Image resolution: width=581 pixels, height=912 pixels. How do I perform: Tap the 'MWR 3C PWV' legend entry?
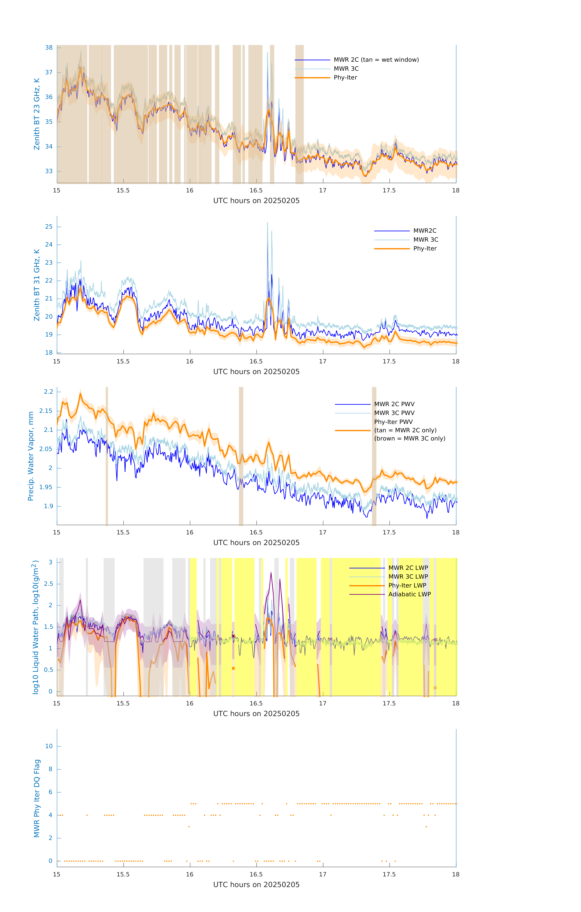[394, 413]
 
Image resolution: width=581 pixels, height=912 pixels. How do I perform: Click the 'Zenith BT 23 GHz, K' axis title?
[37, 114]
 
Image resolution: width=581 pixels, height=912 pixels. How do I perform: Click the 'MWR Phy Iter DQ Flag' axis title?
[37, 798]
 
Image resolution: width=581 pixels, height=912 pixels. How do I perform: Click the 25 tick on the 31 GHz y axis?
[49, 227]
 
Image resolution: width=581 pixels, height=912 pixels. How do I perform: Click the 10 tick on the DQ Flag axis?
[49, 746]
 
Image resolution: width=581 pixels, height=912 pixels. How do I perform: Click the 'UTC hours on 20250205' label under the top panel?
[256, 201]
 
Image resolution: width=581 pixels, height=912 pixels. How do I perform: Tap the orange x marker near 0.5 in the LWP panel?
[233, 668]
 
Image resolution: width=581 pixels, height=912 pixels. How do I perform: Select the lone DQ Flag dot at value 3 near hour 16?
[189, 827]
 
